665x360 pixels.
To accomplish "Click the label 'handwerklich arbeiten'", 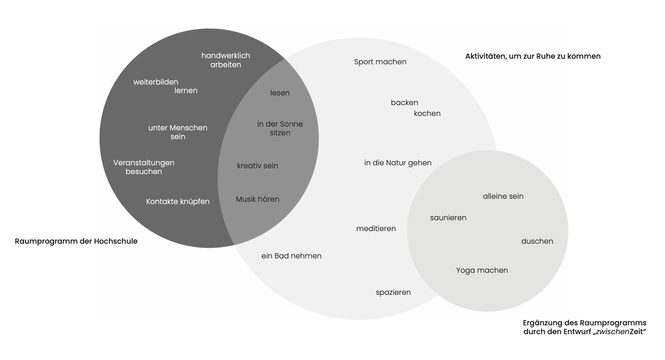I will click(225, 60).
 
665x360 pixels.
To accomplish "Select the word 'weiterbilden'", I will click(156, 82).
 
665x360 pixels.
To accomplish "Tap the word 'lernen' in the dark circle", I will click(186, 90).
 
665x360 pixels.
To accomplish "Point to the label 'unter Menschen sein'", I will click(178, 132).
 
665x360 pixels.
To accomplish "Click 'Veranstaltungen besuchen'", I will click(144, 167).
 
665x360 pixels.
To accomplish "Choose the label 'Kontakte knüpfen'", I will click(178, 201).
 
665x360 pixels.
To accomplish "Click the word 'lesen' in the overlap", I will click(280, 93).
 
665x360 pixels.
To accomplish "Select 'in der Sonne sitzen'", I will click(280, 128).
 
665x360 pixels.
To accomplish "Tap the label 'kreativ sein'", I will click(257, 166).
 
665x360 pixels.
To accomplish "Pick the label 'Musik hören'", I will click(257, 199).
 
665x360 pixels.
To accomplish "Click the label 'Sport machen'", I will click(380, 62).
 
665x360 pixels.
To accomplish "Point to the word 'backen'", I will click(404, 102).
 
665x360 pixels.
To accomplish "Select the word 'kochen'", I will click(427, 113).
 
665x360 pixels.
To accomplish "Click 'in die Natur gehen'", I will click(398, 163).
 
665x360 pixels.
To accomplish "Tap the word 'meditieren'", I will click(376, 228).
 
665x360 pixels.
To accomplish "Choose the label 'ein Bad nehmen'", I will click(291, 256).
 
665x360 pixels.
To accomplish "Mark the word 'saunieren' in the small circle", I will click(448, 218).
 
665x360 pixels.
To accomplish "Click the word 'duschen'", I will click(537, 241).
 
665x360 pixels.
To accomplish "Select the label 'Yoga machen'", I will click(482, 270).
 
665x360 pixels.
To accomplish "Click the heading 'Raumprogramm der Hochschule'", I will click(76, 241).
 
